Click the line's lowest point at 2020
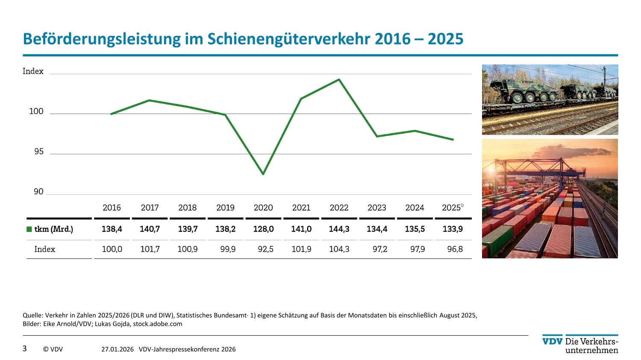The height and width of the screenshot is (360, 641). [263, 174]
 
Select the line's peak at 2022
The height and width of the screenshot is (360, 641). [339, 79]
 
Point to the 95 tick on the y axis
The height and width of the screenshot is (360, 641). [39, 152]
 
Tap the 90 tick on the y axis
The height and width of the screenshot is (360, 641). [39, 192]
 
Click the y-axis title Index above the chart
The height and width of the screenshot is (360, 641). [33, 71]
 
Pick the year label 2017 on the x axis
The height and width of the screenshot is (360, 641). [150, 208]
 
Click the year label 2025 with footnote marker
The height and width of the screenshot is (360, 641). [452, 208]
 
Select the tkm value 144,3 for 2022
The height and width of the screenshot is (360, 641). [339, 229]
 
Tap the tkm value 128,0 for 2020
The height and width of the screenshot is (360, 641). [263, 229]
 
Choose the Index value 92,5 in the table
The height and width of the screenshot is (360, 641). [265, 249]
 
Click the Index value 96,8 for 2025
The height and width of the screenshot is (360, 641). [455, 249]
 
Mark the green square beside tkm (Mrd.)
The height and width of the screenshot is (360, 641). [29, 229]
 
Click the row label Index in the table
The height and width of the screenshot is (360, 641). [45, 249]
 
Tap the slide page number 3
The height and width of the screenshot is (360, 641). [24, 348]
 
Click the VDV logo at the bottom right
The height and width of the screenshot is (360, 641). [552, 341]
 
